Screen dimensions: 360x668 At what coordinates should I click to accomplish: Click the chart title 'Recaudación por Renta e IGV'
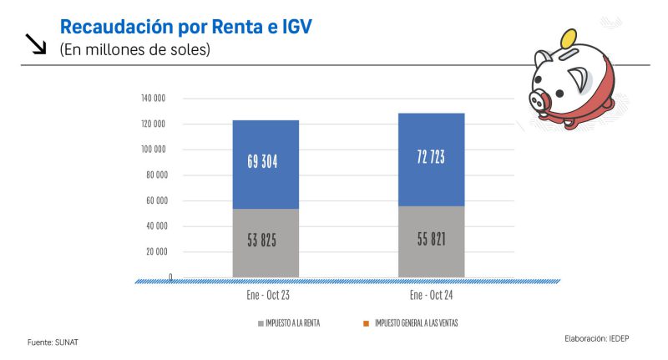[x=185, y=27]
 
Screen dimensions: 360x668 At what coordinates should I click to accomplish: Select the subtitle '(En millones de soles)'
[x=134, y=50]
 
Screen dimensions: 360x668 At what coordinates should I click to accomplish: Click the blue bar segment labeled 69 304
[x=266, y=164]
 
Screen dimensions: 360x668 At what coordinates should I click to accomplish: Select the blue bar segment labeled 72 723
[x=431, y=159]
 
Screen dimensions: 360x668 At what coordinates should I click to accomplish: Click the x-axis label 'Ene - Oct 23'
[x=266, y=295]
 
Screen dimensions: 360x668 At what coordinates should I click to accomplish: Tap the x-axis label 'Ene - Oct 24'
[x=431, y=295]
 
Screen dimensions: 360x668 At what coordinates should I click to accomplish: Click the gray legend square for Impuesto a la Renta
[x=261, y=322]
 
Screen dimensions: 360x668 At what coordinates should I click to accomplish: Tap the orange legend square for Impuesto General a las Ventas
[x=366, y=322]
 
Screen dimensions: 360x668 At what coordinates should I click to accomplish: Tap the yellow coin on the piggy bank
[x=570, y=38]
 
